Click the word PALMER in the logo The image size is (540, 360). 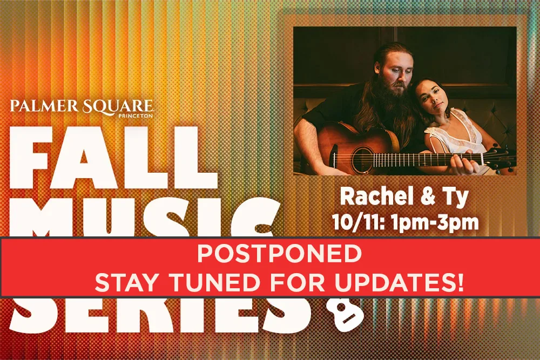pyautogui.click(x=41, y=106)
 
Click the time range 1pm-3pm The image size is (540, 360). pyautogui.click(x=437, y=222)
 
